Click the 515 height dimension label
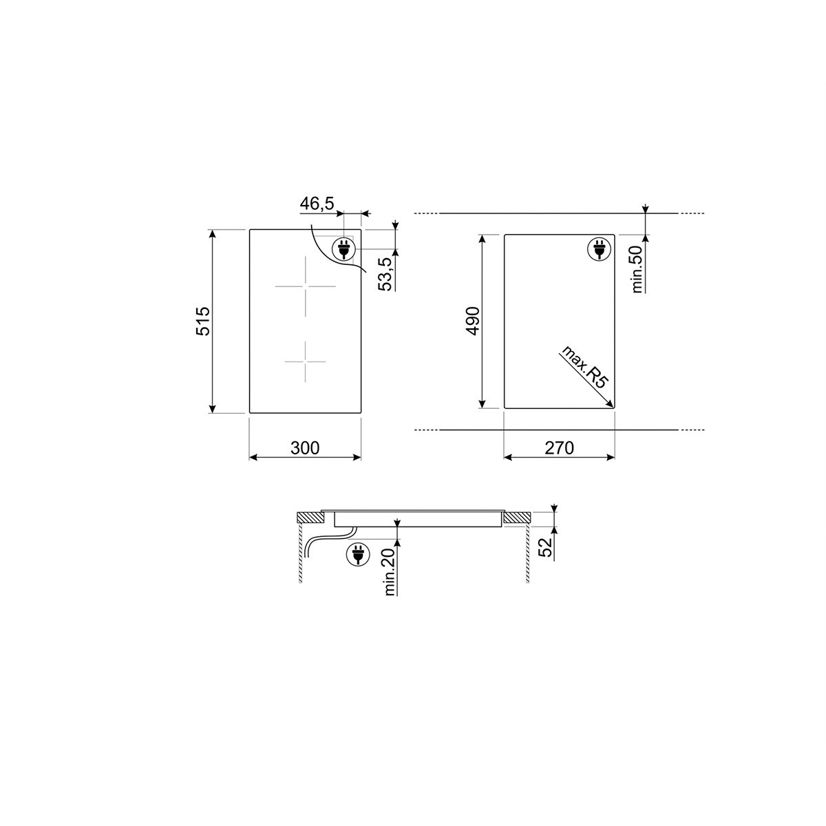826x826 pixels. (x=202, y=321)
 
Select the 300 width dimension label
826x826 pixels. (x=305, y=448)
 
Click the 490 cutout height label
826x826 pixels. (x=472, y=321)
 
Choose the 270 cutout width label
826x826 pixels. (x=559, y=448)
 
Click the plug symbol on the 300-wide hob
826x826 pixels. (x=343, y=248)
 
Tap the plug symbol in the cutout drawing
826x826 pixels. (x=597, y=248)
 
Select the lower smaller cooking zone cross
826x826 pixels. (x=304, y=361)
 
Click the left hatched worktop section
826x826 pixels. (x=310, y=518)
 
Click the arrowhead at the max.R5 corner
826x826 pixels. (x=610, y=407)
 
